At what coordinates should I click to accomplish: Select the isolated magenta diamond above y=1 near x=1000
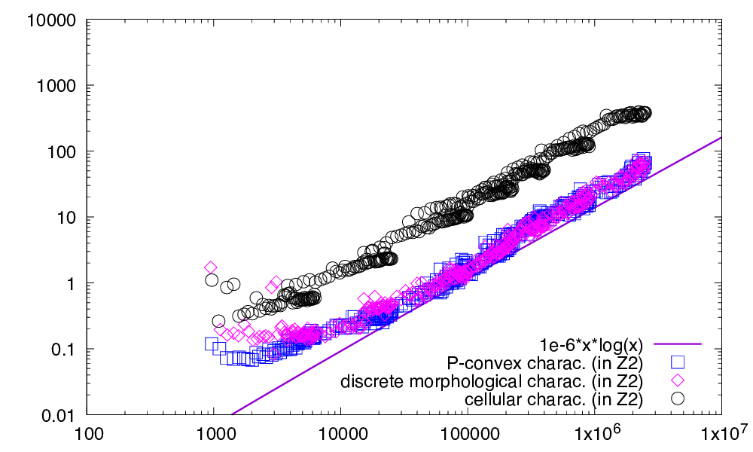pos(211,267)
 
